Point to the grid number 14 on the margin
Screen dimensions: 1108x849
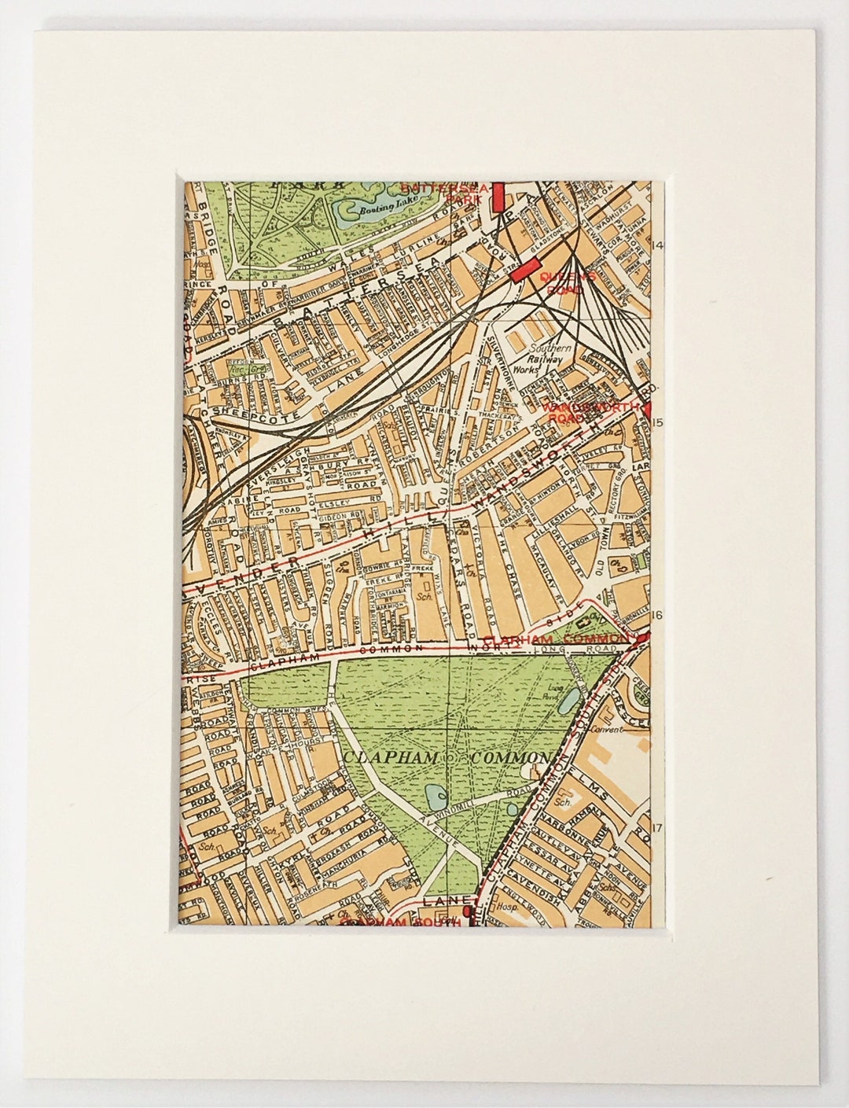658,246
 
